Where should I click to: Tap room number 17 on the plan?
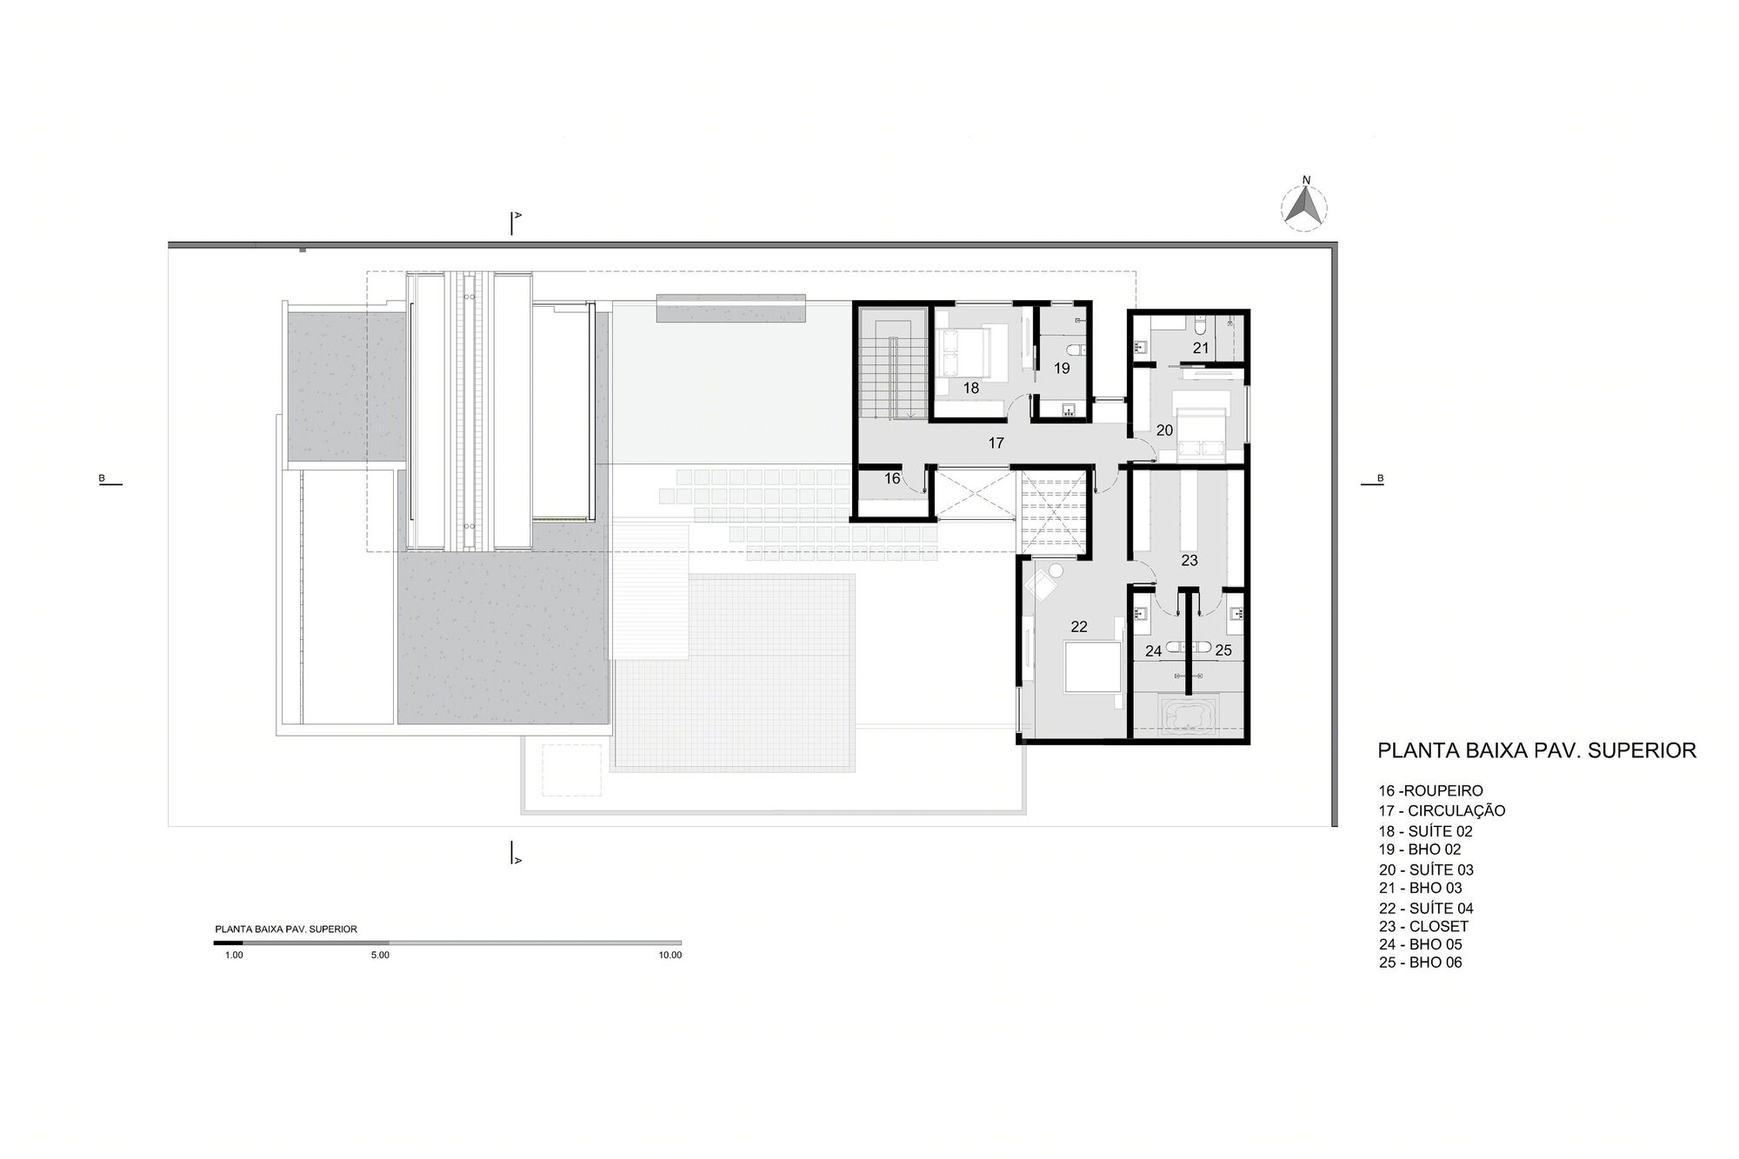coord(996,443)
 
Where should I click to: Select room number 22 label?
coord(1079,626)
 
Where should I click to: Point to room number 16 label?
coord(892,478)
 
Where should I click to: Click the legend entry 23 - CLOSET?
coord(1423,926)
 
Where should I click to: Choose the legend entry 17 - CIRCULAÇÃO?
coord(1442,810)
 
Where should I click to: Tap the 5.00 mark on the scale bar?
coord(380,955)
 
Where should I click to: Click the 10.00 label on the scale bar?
coord(670,955)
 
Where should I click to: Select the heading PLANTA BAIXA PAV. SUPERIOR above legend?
coord(1537,750)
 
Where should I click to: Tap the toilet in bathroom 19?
coord(1076,350)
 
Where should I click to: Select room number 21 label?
coord(1201,348)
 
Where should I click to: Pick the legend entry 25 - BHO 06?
coord(1420,963)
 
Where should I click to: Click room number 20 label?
coord(1164,430)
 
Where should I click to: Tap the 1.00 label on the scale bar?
coord(234,955)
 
